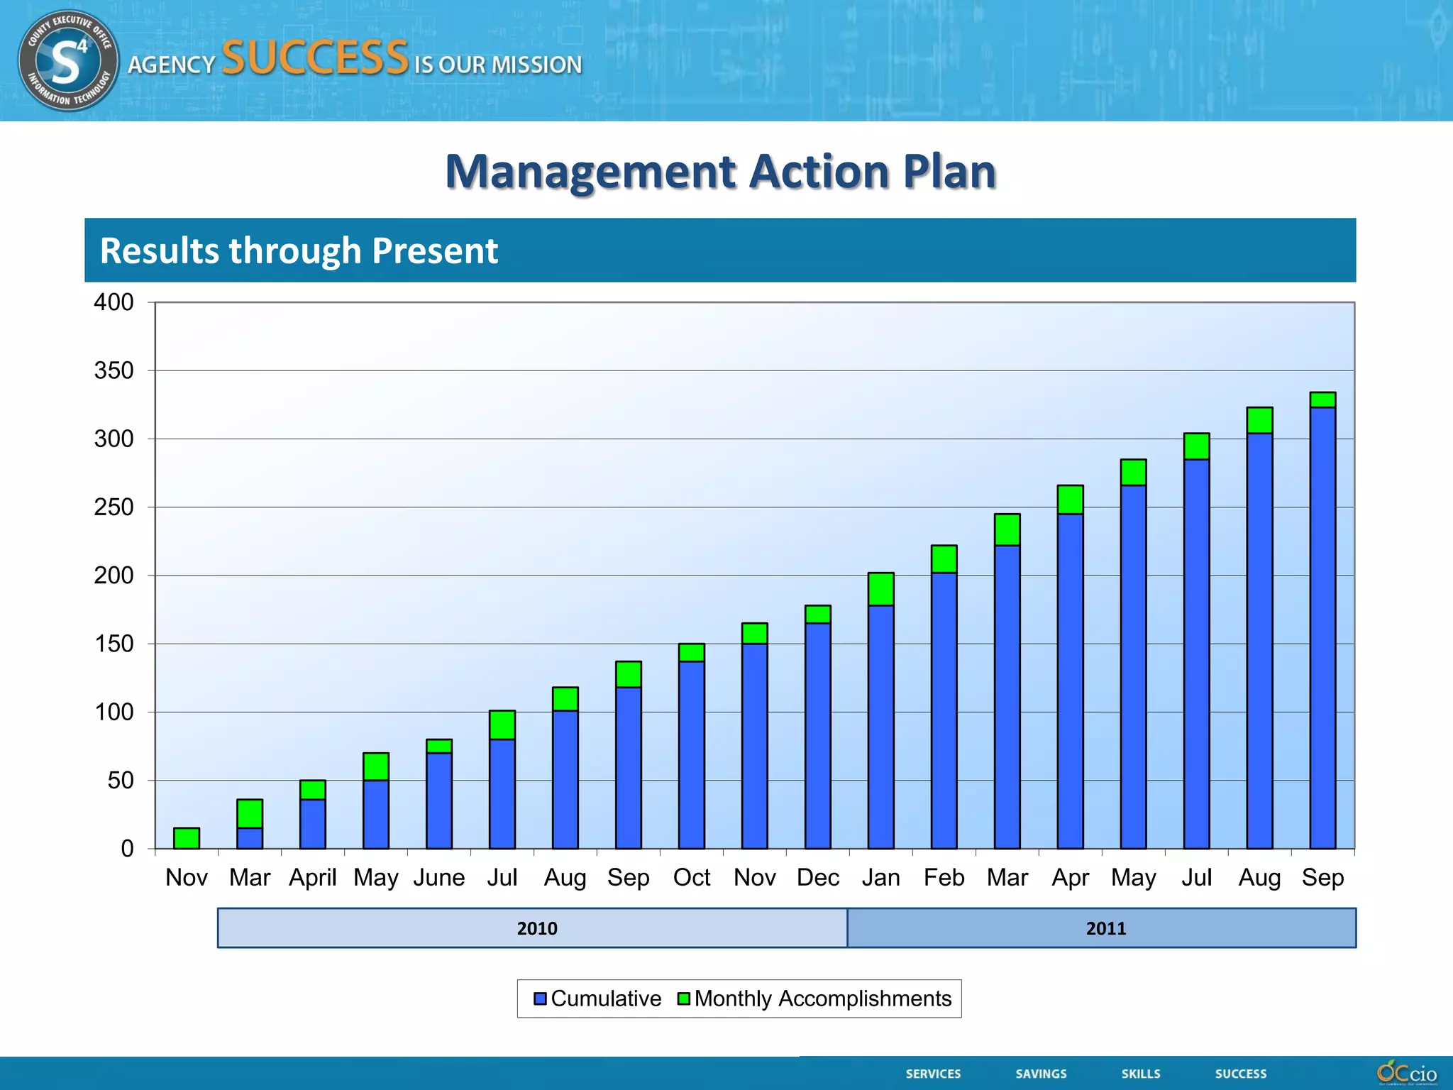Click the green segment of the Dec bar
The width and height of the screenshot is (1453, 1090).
pyautogui.click(x=817, y=615)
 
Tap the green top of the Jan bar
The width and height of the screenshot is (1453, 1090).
pyautogui.click(x=880, y=589)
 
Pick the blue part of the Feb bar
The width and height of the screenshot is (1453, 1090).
pyautogui.click(x=944, y=710)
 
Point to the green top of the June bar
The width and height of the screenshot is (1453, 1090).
pyautogui.click(x=439, y=746)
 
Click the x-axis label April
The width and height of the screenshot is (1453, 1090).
pyautogui.click(x=312, y=878)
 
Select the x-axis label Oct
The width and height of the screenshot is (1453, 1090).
pyautogui.click(x=691, y=878)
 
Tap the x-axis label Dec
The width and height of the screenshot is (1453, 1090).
pyautogui.click(x=817, y=878)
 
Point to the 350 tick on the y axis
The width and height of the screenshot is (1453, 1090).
pyautogui.click(x=114, y=370)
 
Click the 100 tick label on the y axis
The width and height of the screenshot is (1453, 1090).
pyautogui.click(x=114, y=712)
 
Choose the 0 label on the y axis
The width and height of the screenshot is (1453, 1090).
pyautogui.click(x=127, y=849)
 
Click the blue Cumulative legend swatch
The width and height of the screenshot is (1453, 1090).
pyautogui.click(x=540, y=998)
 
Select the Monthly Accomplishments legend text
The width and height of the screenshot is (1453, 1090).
pyautogui.click(x=822, y=998)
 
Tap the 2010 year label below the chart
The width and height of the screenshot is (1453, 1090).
pyautogui.click(x=537, y=928)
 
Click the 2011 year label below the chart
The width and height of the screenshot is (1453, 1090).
pyautogui.click(x=1105, y=928)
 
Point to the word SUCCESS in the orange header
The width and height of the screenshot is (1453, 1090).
pyautogui.click(x=315, y=57)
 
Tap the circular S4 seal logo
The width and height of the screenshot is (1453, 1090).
pyautogui.click(x=68, y=60)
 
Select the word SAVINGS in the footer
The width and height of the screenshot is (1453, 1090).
pyautogui.click(x=1041, y=1074)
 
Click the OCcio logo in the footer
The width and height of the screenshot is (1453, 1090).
pyautogui.click(x=1407, y=1073)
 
